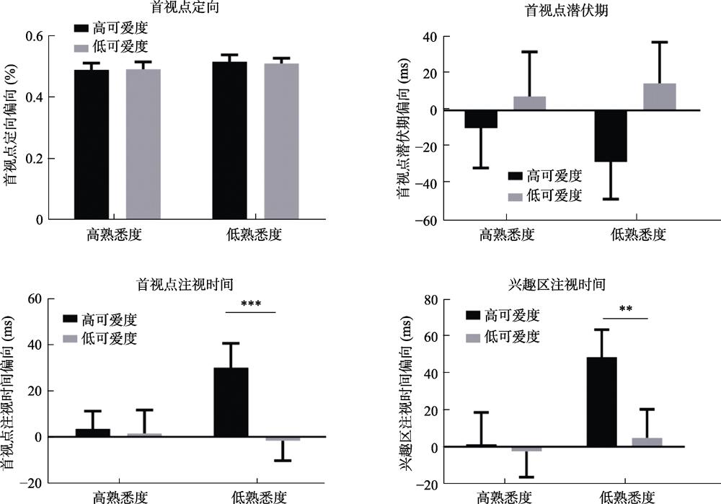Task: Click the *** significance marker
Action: coord(251,306)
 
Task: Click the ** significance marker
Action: coord(624,311)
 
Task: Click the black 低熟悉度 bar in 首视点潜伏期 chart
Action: coord(610,136)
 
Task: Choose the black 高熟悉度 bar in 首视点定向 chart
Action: coord(92,144)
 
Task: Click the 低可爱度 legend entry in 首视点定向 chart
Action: coord(112,47)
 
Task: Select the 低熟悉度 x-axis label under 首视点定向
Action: coord(255,234)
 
